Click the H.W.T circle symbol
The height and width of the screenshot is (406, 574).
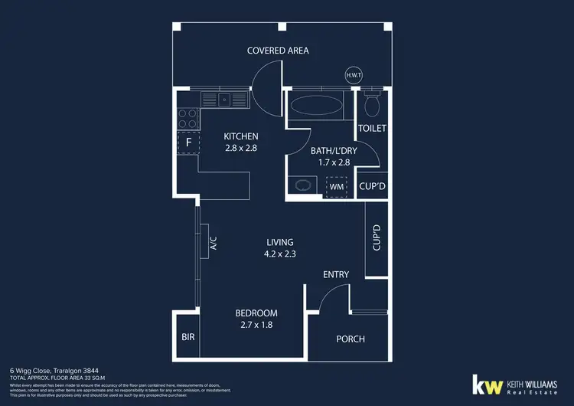click(354, 75)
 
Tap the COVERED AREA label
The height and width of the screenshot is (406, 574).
click(277, 51)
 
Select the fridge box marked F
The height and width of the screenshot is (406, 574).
click(188, 142)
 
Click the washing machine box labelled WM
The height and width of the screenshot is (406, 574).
click(336, 185)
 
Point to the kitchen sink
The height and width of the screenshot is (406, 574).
click(224, 99)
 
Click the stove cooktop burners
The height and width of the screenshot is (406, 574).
click(188, 117)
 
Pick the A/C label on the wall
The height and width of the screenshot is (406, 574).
click(214, 244)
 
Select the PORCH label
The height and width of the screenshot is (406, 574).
click(351, 339)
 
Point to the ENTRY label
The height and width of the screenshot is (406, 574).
click(336, 274)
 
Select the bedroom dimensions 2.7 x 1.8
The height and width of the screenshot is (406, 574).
click(256, 325)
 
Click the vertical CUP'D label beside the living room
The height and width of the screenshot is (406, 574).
click(377, 238)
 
